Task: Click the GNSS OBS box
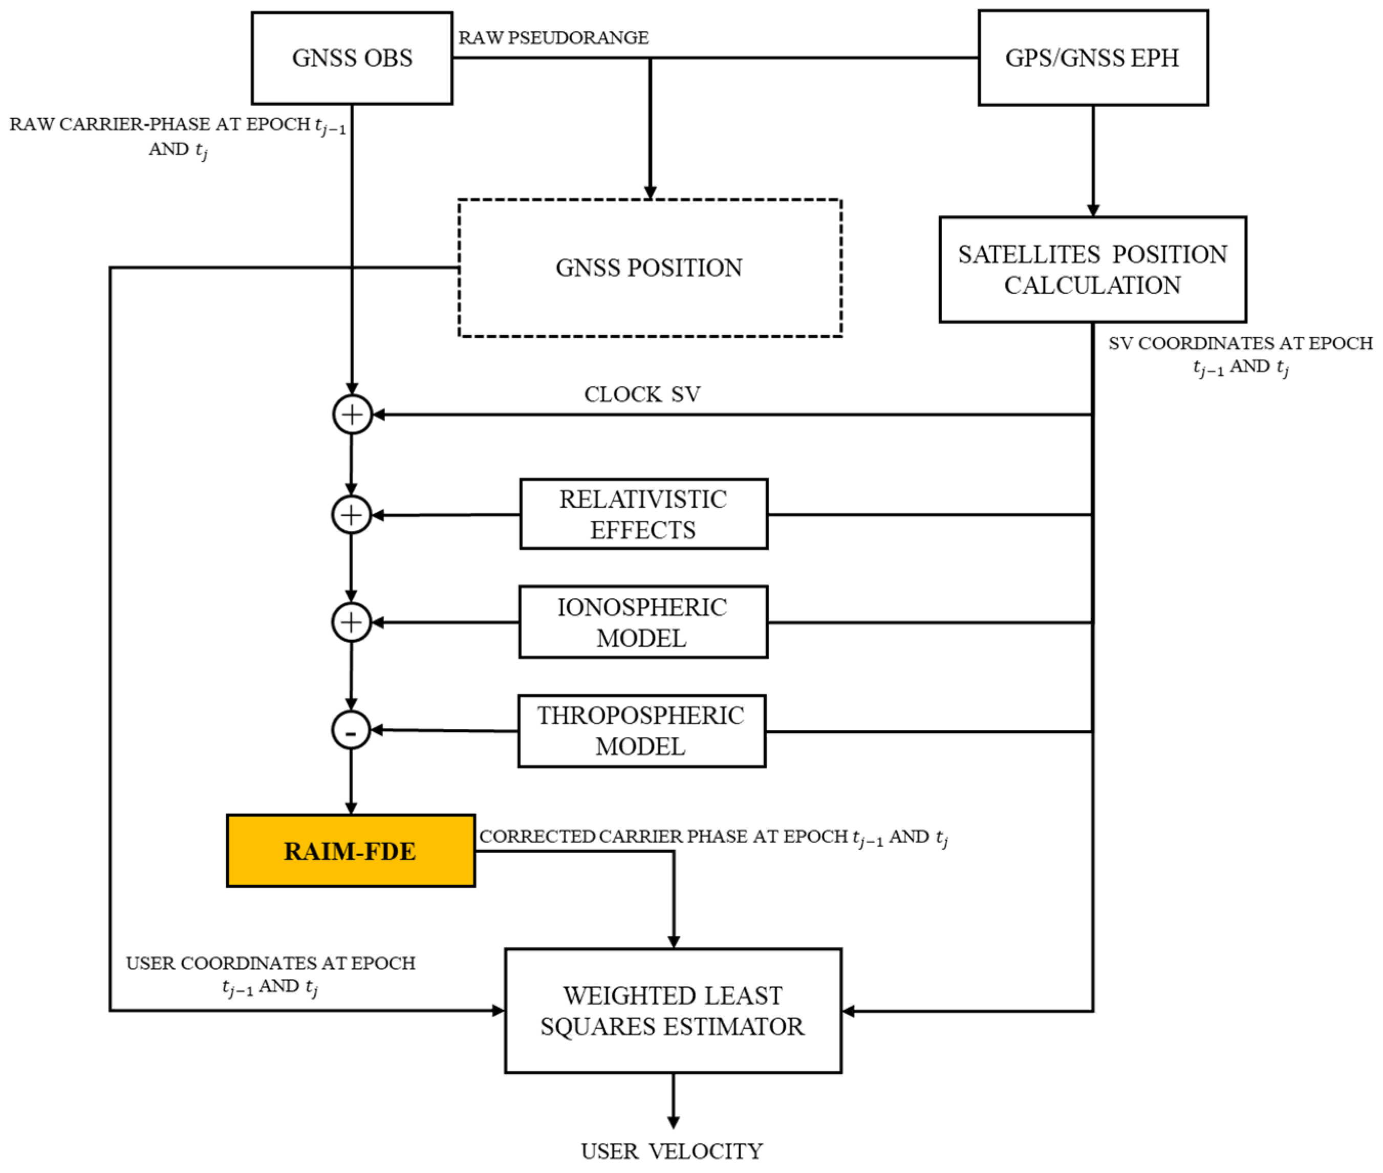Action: pyautogui.click(x=352, y=58)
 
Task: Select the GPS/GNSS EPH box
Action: pyautogui.click(x=1092, y=58)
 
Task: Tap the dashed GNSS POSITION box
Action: pyautogui.click(x=650, y=267)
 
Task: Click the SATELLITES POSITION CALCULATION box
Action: pyautogui.click(x=1092, y=269)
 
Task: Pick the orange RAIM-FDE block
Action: pyautogui.click(x=351, y=851)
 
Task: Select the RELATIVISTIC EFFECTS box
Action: pyautogui.click(x=643, y=514)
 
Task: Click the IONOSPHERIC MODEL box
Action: pyautogui.click(x=643, y=622)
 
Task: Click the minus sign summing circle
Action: pyautogui.click(x=351, y=730)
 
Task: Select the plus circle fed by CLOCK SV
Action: pyautogui.click(x=352, y=414)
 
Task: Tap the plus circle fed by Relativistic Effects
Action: pyautogui.click(x=351, y=515)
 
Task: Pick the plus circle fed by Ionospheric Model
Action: pyautogui.click(x=351, y=622)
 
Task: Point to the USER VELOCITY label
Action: pyautogui.click(x=672, y=1151)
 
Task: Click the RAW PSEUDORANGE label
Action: pyautogui.click(x=553, y=38)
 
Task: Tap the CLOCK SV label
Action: pyautogui.click(x=642, y=394)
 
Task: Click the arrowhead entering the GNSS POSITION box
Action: pyautogui.click(x=650, y=193)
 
